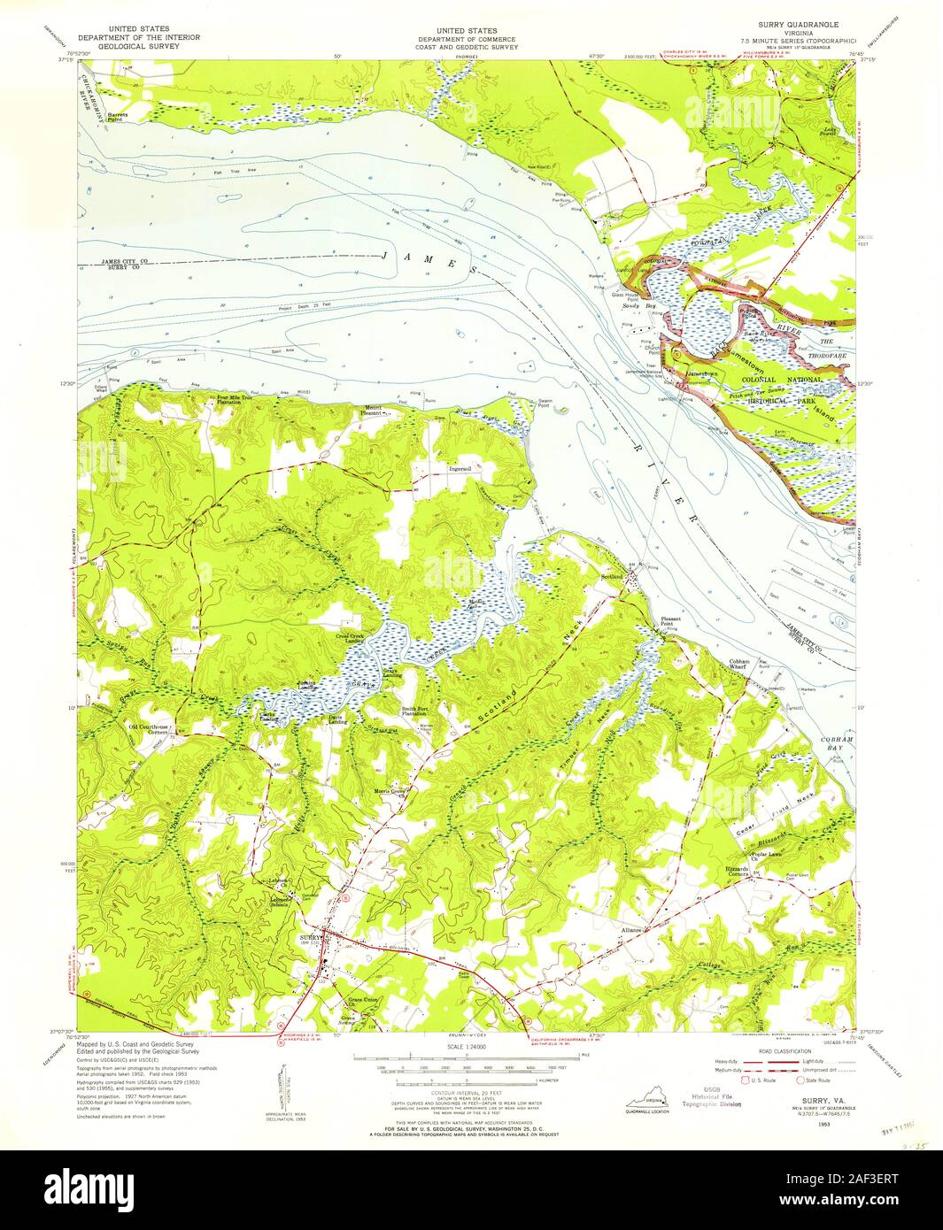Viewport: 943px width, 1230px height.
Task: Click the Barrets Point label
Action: (118, 116)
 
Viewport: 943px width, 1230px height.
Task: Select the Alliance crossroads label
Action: (630, 931)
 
